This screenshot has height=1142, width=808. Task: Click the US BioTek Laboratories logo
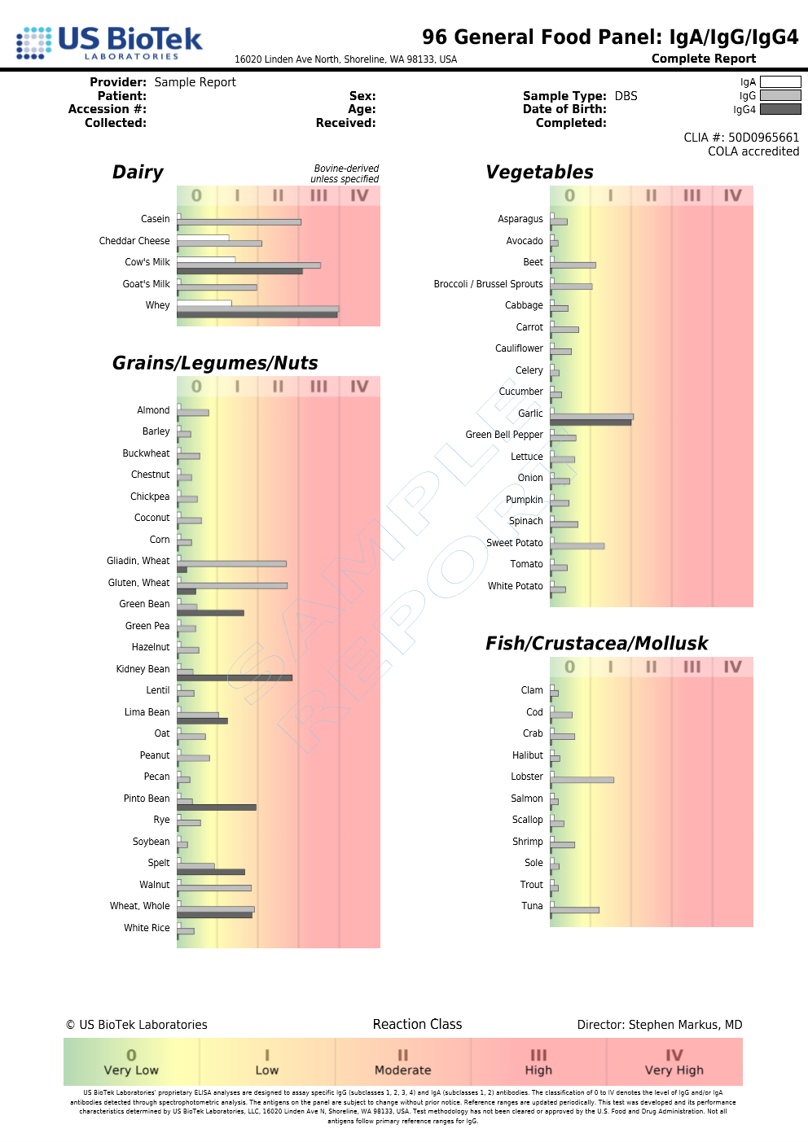109,42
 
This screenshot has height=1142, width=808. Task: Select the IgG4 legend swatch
779,109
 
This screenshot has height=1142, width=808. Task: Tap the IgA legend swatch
779,81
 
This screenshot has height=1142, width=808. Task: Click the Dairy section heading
138,173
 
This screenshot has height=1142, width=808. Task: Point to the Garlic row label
530,413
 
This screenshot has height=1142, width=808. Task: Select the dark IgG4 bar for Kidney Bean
235,677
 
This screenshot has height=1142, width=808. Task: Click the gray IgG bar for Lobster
582,780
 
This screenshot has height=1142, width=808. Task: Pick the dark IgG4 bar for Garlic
591,422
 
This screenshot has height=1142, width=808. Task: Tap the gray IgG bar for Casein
239,222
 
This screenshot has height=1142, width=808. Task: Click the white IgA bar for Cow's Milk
206,260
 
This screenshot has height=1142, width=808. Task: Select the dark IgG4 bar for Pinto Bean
217,807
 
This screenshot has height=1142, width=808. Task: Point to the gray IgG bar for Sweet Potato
577,546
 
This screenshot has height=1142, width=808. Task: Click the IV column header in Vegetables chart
732,195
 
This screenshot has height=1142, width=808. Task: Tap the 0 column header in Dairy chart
196,195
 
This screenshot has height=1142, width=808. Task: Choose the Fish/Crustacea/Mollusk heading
596,644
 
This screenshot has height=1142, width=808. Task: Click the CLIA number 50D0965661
763,138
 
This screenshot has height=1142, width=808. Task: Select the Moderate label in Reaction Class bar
402,1070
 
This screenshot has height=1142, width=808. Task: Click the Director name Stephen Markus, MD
685,1025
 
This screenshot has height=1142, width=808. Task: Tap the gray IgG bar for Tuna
574,910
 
